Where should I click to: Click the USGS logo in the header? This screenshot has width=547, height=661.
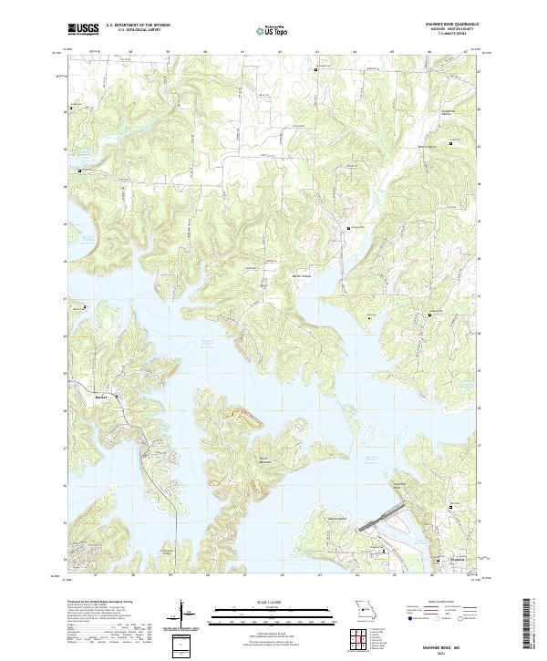coord(83,29)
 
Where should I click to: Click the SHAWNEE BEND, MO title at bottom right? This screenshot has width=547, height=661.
coord(456,643)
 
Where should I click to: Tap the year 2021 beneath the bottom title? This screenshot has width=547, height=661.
coord(456,650)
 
